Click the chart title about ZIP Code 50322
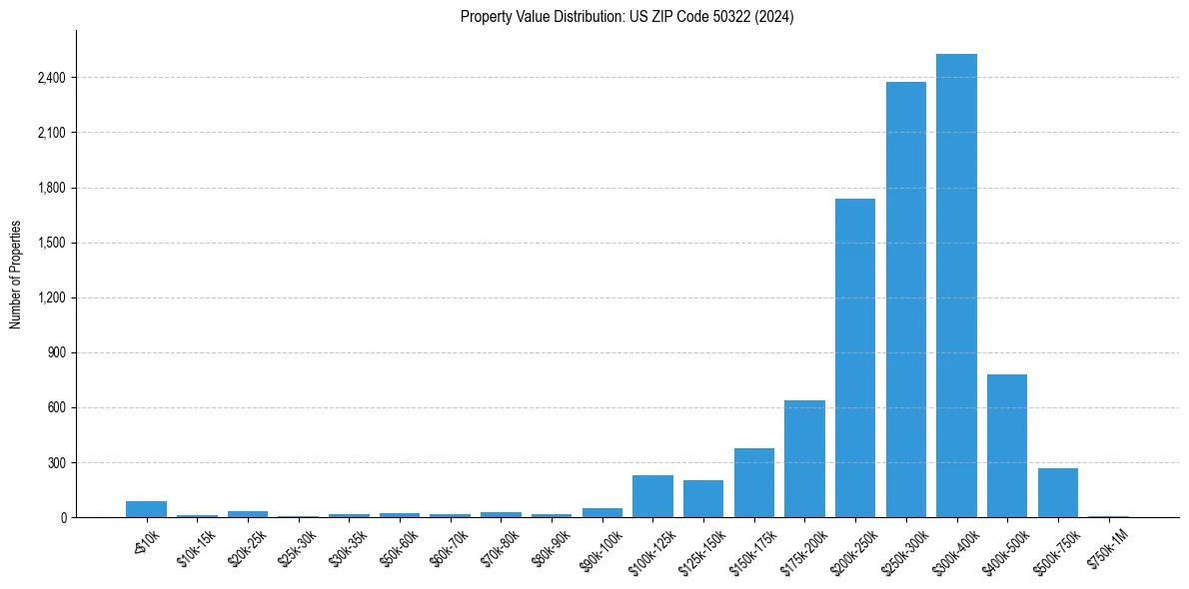626,17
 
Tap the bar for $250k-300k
905,299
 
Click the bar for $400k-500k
1007,445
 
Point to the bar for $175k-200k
804,458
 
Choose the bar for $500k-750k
1057,492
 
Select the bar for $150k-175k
754,482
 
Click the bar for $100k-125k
652,496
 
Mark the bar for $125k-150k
703,498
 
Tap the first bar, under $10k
146,509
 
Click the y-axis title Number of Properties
16,275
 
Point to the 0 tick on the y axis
62,518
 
